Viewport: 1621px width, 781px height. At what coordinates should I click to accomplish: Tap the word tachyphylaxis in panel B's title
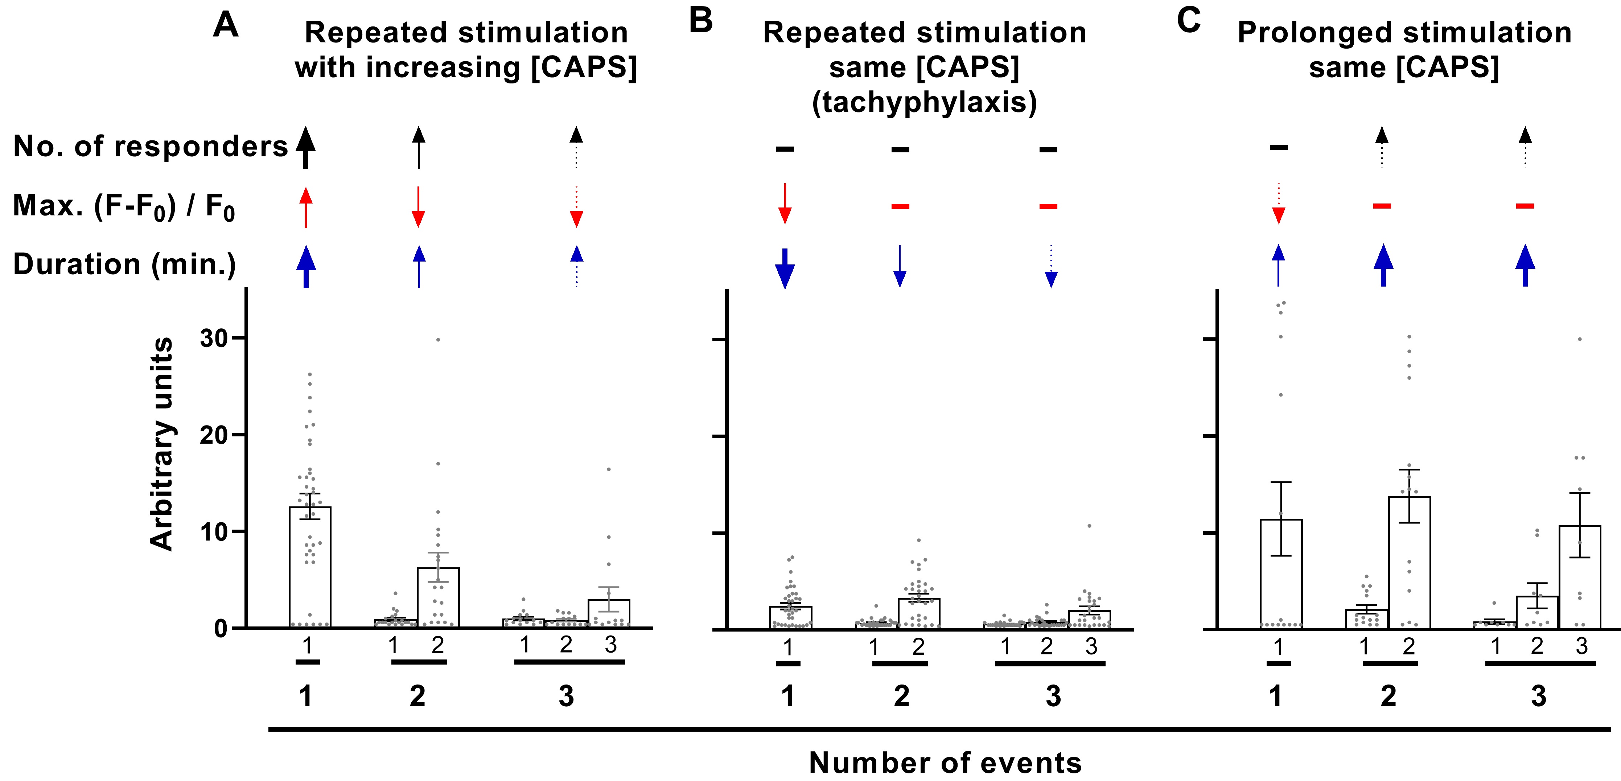tap(925, 102)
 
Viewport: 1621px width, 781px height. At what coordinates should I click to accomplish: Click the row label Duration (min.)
tap(125, 264)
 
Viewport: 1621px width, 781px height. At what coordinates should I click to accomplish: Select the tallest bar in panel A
tap(310, 567)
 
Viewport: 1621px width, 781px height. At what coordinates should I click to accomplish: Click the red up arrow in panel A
tap(306, 207)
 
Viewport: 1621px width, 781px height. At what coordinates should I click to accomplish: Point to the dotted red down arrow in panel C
tap(1278, 203)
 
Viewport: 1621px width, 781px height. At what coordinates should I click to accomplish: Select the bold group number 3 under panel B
tap(1053, 696)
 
